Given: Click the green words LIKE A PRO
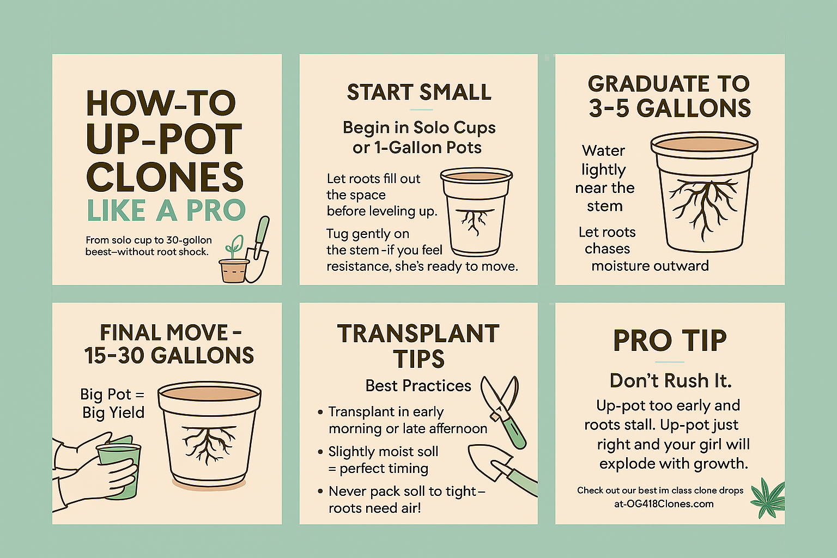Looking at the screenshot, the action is pos(166,210).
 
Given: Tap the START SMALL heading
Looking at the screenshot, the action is pos(419,92).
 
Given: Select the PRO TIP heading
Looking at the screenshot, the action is pos(670,341).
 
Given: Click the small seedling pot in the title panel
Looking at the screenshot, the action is pos(234,270).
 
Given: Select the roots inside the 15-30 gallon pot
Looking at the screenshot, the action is pos(209,444).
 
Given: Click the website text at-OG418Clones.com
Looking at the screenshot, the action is pos(664,504).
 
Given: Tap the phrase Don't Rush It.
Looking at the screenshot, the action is pos(670,381).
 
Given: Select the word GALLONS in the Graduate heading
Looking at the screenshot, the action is pos(694,108).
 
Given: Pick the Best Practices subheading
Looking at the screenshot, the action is pos(418,386).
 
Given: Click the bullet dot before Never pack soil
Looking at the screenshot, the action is pos(320,491).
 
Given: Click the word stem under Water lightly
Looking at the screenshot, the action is pos(604,207).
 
